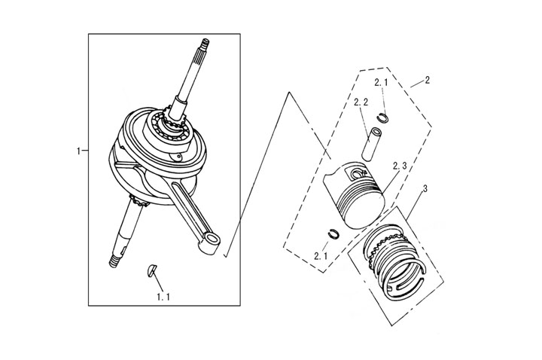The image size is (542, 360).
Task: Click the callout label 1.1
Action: coord(163,297)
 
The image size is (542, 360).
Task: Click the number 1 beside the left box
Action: coord(79,151)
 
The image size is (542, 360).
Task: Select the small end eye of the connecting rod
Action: coord(211,239)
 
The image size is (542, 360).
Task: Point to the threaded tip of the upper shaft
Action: coord(205,44)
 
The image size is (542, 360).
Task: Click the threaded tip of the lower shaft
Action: coord(114,262)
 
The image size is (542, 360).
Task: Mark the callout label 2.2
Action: coord(361,102)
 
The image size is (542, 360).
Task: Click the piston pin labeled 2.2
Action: coord(371,144)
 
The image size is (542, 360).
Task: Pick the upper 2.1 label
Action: coord(381,83)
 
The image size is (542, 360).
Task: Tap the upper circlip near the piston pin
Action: coord(383,118)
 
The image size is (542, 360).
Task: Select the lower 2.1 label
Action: coord(321,256)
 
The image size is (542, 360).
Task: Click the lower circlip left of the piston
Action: coord(333,233)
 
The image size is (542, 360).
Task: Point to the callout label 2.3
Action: coord(400,166)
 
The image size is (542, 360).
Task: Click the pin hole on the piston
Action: coord(355,172)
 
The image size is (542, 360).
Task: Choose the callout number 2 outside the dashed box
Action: coord(428,80)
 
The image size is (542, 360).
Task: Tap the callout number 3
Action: coord(425,189)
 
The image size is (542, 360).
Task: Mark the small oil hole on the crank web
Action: coord(178,157)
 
